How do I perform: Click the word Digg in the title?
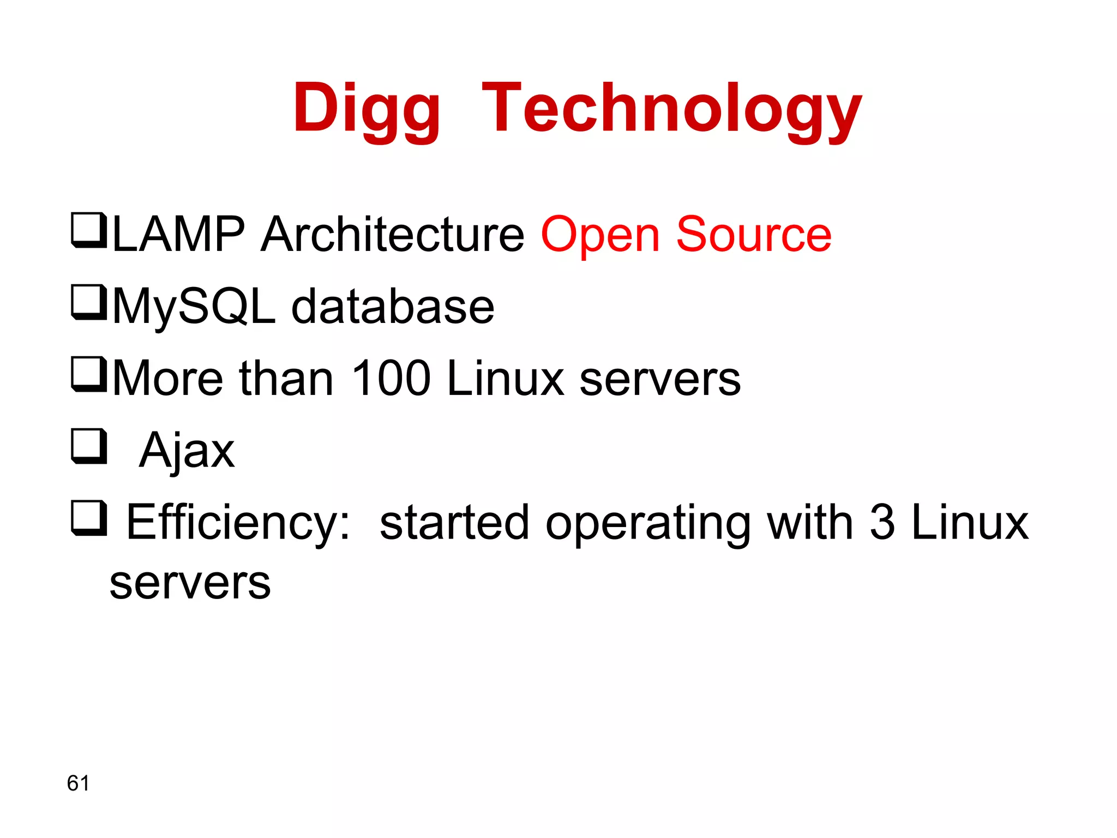366,109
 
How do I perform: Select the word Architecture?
393,235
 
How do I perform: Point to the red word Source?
754,235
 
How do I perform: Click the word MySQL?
194,307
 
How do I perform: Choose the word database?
393,307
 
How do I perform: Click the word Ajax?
187,451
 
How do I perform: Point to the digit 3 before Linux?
882,523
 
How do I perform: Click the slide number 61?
78,783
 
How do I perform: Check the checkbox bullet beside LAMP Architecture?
88,230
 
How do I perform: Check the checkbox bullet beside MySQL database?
88,302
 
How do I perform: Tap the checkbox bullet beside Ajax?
88,446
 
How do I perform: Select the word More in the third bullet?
168,379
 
